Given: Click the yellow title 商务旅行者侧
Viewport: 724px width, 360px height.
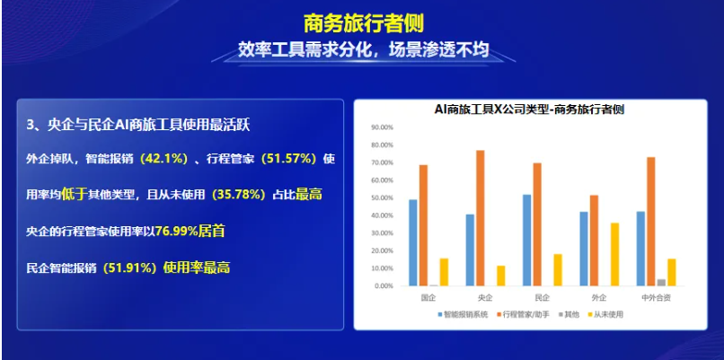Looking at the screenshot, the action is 364,23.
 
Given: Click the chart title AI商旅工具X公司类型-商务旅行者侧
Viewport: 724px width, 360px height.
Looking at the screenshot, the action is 530,110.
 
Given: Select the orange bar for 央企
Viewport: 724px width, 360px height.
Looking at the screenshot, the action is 481,218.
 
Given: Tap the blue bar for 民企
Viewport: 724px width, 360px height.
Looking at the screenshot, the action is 527,240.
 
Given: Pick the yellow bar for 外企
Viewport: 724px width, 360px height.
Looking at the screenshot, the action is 614,254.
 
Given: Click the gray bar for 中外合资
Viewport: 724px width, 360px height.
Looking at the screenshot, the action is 661,283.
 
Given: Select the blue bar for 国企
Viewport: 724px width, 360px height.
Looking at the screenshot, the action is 413,242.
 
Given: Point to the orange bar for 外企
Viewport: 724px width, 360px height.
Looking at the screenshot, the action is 595,241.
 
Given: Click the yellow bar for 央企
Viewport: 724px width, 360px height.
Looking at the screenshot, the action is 501,276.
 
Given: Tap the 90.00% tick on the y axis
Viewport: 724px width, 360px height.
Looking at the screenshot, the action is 382,127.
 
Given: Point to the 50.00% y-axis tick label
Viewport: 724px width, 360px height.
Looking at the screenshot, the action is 382,198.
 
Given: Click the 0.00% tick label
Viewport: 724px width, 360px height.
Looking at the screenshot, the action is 384,286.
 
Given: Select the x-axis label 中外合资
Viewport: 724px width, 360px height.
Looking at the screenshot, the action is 656,298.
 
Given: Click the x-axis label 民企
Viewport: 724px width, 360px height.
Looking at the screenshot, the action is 542,298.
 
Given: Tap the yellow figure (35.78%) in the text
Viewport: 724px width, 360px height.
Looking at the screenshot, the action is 239,195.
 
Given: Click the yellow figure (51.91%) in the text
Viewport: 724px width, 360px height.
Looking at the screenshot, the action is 129,268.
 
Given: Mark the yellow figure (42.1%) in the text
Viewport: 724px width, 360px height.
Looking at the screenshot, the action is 163,159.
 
